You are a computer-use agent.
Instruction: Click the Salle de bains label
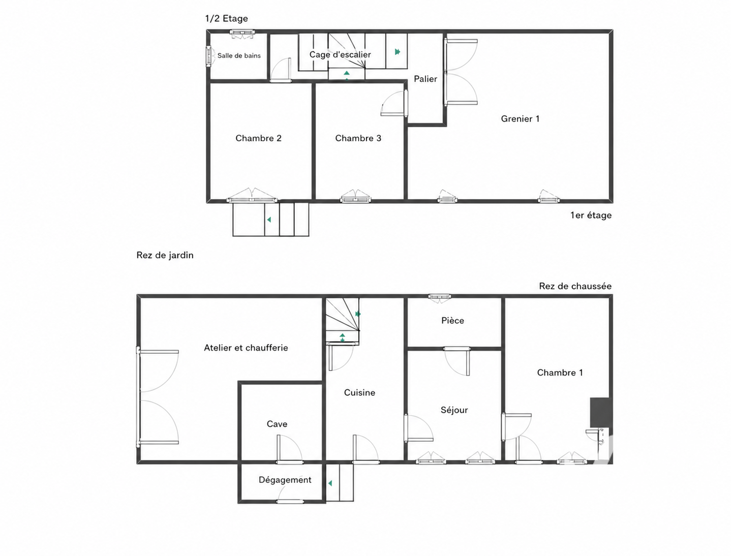tap(239, 55)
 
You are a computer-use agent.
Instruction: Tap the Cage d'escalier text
tap(340, 54)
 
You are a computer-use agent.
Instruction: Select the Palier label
tap(425, 79)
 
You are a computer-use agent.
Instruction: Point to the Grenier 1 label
tap(520, 119)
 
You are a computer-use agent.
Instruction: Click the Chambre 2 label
tap(258, 138)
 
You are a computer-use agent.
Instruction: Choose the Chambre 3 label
tap(358, 138)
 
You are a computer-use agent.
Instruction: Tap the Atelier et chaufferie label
tap(246, 348)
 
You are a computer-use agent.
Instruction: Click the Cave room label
tap(277, 424)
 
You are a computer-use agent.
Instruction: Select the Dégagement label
tap(285, 480)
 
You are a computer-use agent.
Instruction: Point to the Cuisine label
tap(359, 392)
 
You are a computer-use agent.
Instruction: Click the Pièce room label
tap(452, 320)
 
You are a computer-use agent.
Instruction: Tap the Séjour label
tap(454, 410)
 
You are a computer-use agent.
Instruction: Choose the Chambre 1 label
tap(560, 373)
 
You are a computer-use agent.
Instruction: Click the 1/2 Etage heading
tap(226, 18)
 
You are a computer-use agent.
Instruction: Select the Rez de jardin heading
tap(165, 255)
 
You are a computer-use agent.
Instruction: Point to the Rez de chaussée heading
tap(575, 286)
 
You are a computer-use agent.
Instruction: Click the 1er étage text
tap(591, 215)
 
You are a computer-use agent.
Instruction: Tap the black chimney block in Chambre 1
tap(601, 412)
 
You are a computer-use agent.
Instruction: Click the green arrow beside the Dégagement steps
tap(330, 483)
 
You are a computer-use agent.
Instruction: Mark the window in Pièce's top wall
tap(440, 296)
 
